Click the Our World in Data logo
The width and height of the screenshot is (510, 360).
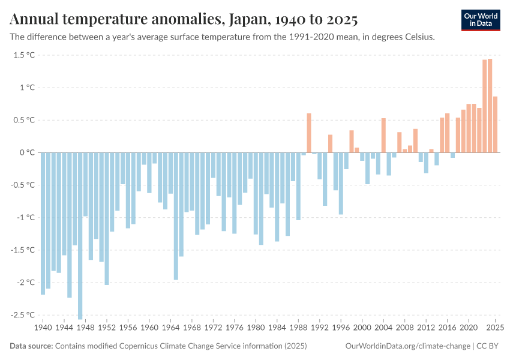(x=481, y=20)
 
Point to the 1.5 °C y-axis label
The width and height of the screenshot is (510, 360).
(x=24, y=55)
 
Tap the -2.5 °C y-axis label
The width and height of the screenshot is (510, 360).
(x=22, y=314)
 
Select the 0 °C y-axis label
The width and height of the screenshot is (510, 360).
(x=27, y=152)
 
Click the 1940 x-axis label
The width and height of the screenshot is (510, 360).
(x=43, y=328)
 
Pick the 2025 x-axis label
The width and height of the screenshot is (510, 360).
(x=495, y=328)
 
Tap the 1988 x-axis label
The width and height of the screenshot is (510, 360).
(x=298, y=328)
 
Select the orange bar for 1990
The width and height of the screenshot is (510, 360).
(x=309, y=133)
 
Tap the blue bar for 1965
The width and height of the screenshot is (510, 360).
(x=176, y=216)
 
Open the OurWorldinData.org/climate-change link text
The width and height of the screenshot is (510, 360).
(x=408, y=346)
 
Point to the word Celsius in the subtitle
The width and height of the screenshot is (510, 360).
(x=418, y=37)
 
